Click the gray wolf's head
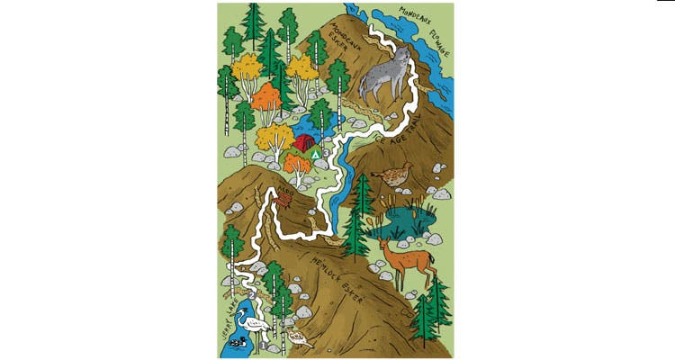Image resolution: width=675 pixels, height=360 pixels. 401,59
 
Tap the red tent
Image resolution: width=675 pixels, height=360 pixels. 304,142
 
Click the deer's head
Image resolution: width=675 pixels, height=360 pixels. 384,243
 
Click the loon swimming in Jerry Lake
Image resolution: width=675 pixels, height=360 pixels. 238,343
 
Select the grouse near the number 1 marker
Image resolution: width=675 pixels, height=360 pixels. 299,338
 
